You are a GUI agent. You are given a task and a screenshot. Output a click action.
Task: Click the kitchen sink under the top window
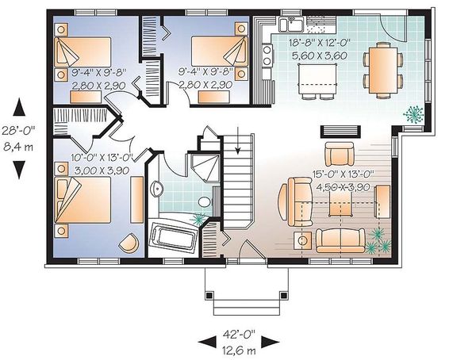pos(291,24)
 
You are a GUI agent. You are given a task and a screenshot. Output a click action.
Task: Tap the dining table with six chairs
pos(383,71)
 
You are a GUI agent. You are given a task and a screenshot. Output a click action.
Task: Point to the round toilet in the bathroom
pos(205,202)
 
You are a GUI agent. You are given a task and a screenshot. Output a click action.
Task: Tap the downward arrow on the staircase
pos(238,140)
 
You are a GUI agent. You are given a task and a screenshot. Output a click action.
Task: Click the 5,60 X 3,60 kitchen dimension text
pos(320,56)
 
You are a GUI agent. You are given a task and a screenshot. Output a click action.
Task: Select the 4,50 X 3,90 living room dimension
pos(343,187)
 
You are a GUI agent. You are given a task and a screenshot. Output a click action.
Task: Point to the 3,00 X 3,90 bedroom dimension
pos(102,170)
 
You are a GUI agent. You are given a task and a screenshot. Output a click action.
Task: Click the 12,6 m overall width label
pos(239,351)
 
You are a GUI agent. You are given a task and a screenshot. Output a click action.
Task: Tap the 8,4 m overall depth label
pos(18,147)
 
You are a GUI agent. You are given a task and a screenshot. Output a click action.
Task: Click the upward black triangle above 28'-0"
pos(19,107)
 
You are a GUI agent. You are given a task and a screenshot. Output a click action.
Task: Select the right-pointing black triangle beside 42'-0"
pos(271,342)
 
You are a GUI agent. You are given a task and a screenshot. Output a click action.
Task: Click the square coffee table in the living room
pos(341,204)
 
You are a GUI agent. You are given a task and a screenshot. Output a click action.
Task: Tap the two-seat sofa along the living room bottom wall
pos(340,241)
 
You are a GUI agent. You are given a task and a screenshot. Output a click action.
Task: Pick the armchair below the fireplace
pos(339,154)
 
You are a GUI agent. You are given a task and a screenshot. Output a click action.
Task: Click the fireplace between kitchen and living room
pos(340,132)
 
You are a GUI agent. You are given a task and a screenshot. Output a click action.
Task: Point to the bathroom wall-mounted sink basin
pos(156,189)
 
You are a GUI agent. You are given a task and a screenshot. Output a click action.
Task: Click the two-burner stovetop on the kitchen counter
pos(267,55)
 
